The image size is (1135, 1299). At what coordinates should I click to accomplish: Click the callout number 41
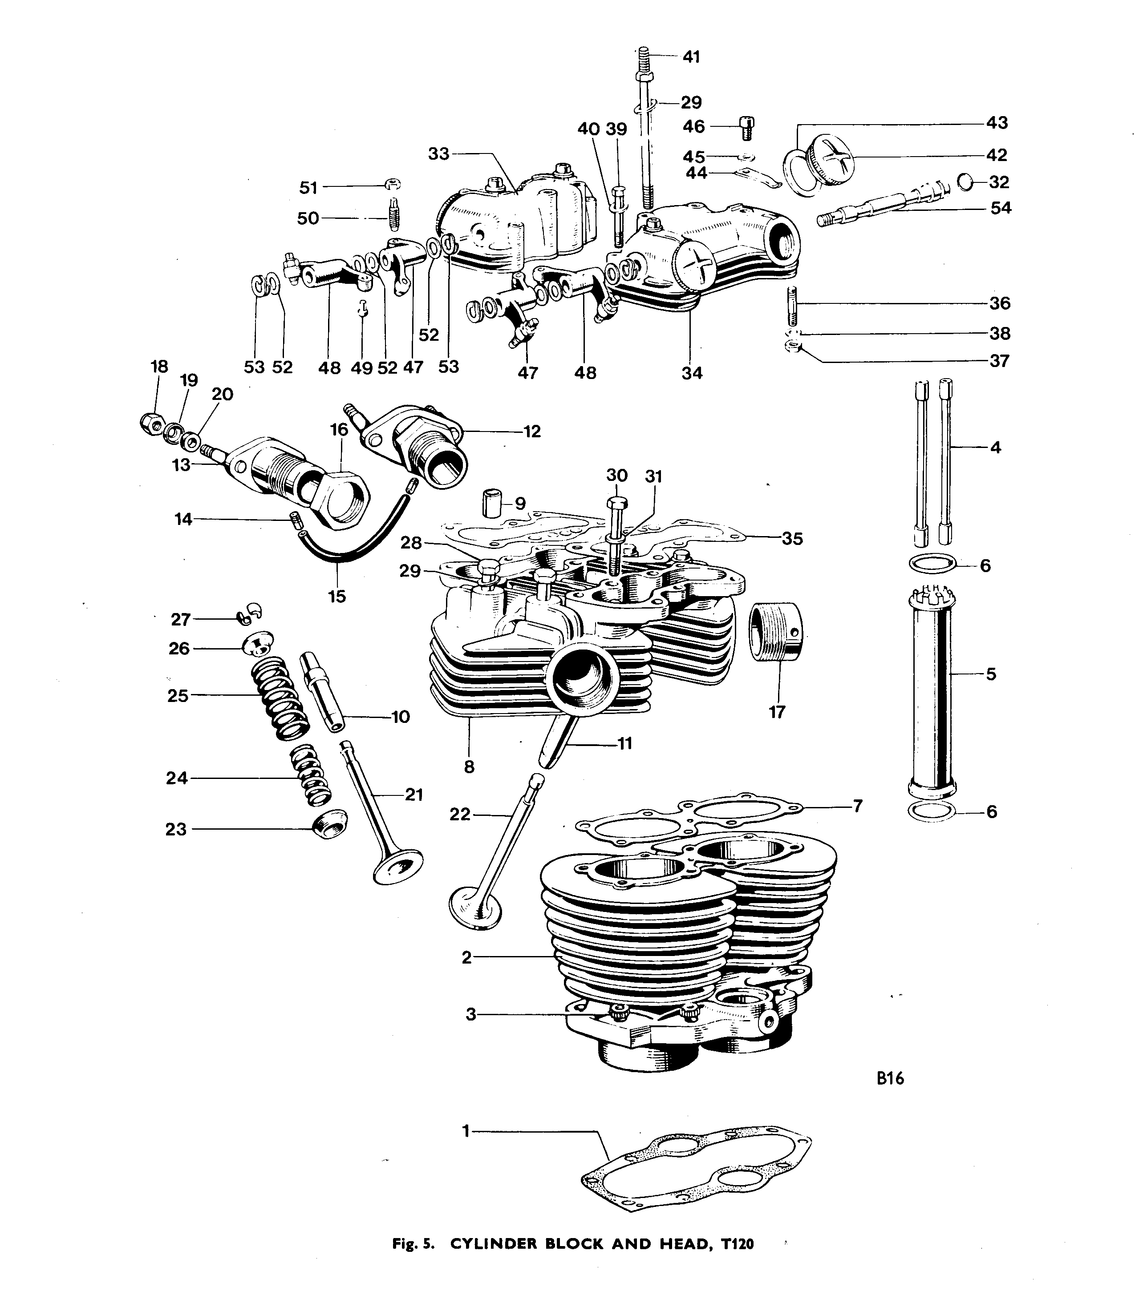pyautogui.click(x=692, y=57)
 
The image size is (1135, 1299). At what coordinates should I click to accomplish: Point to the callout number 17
pyautogui.click(x=777, y=712)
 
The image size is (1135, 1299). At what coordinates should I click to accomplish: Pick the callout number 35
pyautogui.click(x=792, y=539)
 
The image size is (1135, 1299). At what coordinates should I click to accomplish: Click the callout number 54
pyautogui.click(x=1001, y=208)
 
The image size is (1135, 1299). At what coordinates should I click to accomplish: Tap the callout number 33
pyautogui.click(x=438, y=154)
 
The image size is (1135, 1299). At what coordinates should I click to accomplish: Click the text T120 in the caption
pyautogui.click(x=737, y=1244)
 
